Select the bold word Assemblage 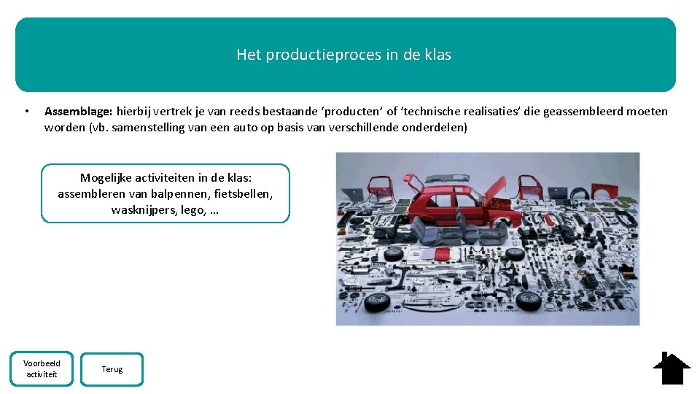78,112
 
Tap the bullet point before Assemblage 26,112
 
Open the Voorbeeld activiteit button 42,368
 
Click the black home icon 671,368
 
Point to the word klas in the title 437,55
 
